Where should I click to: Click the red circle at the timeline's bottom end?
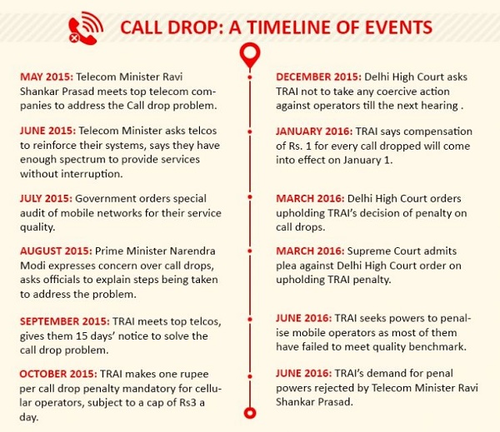point(248,413)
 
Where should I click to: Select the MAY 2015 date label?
point(47,77)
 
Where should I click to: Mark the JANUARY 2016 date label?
point(317,132)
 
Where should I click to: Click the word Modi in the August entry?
point(34,264)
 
